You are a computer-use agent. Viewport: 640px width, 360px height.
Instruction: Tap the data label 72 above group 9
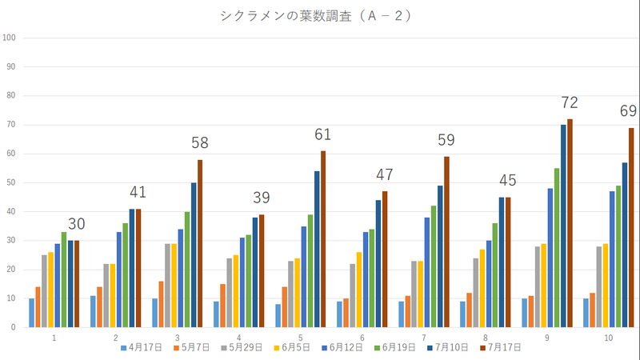coord(570,102)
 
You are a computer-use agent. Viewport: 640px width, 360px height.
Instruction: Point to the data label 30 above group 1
coord(76,224)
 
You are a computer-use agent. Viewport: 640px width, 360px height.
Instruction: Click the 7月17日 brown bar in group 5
coord(323,238)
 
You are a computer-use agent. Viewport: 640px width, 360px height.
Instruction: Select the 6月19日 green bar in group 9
coord(557,247)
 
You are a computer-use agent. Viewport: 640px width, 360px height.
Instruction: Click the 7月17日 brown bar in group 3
coord(200,243)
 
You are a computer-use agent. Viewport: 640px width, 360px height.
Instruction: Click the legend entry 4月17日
coord(142,348)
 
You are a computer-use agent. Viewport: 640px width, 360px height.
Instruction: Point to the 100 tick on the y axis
coord(9,38)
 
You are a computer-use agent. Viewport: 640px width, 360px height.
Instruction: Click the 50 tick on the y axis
coord(9,182)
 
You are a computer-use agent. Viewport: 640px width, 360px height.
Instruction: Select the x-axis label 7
coord(424,339)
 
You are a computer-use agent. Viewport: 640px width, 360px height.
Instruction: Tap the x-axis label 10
coord(609,339)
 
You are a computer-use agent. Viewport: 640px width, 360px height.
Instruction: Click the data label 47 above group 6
coord(385,175)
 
